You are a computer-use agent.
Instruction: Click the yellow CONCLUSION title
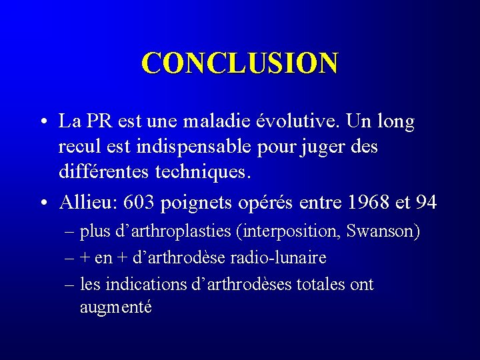pos(239,63)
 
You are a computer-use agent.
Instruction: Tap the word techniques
pos(203,173)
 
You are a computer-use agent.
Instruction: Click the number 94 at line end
pos(425,202)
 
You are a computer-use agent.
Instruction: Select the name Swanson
pos(385,232)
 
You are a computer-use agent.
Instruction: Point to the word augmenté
pos(115,307)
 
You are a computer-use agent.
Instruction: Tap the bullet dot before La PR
pos(42,123)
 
